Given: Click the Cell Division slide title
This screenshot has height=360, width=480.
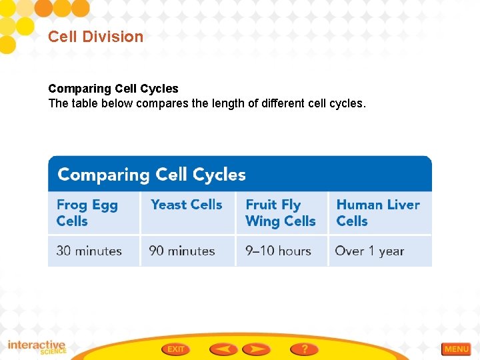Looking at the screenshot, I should click(95, 37).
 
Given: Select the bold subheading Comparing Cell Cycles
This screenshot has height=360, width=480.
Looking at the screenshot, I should click(113, 89).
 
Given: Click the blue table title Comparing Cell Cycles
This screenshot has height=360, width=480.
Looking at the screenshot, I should click(152, 175).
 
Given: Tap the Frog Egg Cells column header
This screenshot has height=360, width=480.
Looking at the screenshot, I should click(87, 213).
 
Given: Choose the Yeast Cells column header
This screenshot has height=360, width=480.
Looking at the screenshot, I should click(186, 205).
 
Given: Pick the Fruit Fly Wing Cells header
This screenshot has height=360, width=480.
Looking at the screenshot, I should click(280, 213).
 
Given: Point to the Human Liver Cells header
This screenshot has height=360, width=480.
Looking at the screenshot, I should click(378, 213).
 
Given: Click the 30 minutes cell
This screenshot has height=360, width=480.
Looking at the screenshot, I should click(89, 251).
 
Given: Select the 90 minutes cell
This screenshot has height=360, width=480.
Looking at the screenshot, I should click(182, 251).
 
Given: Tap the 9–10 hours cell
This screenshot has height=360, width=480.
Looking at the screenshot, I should click(279, 251).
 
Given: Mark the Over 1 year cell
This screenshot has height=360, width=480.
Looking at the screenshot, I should click(369, 251).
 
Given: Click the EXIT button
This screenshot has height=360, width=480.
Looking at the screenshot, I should click(175, 349).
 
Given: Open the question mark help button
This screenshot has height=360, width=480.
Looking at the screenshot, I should click(304, 349).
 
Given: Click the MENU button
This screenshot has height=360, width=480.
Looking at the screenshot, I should click(456, 349).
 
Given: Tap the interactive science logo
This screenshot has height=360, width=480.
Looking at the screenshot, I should click(37, 347).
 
